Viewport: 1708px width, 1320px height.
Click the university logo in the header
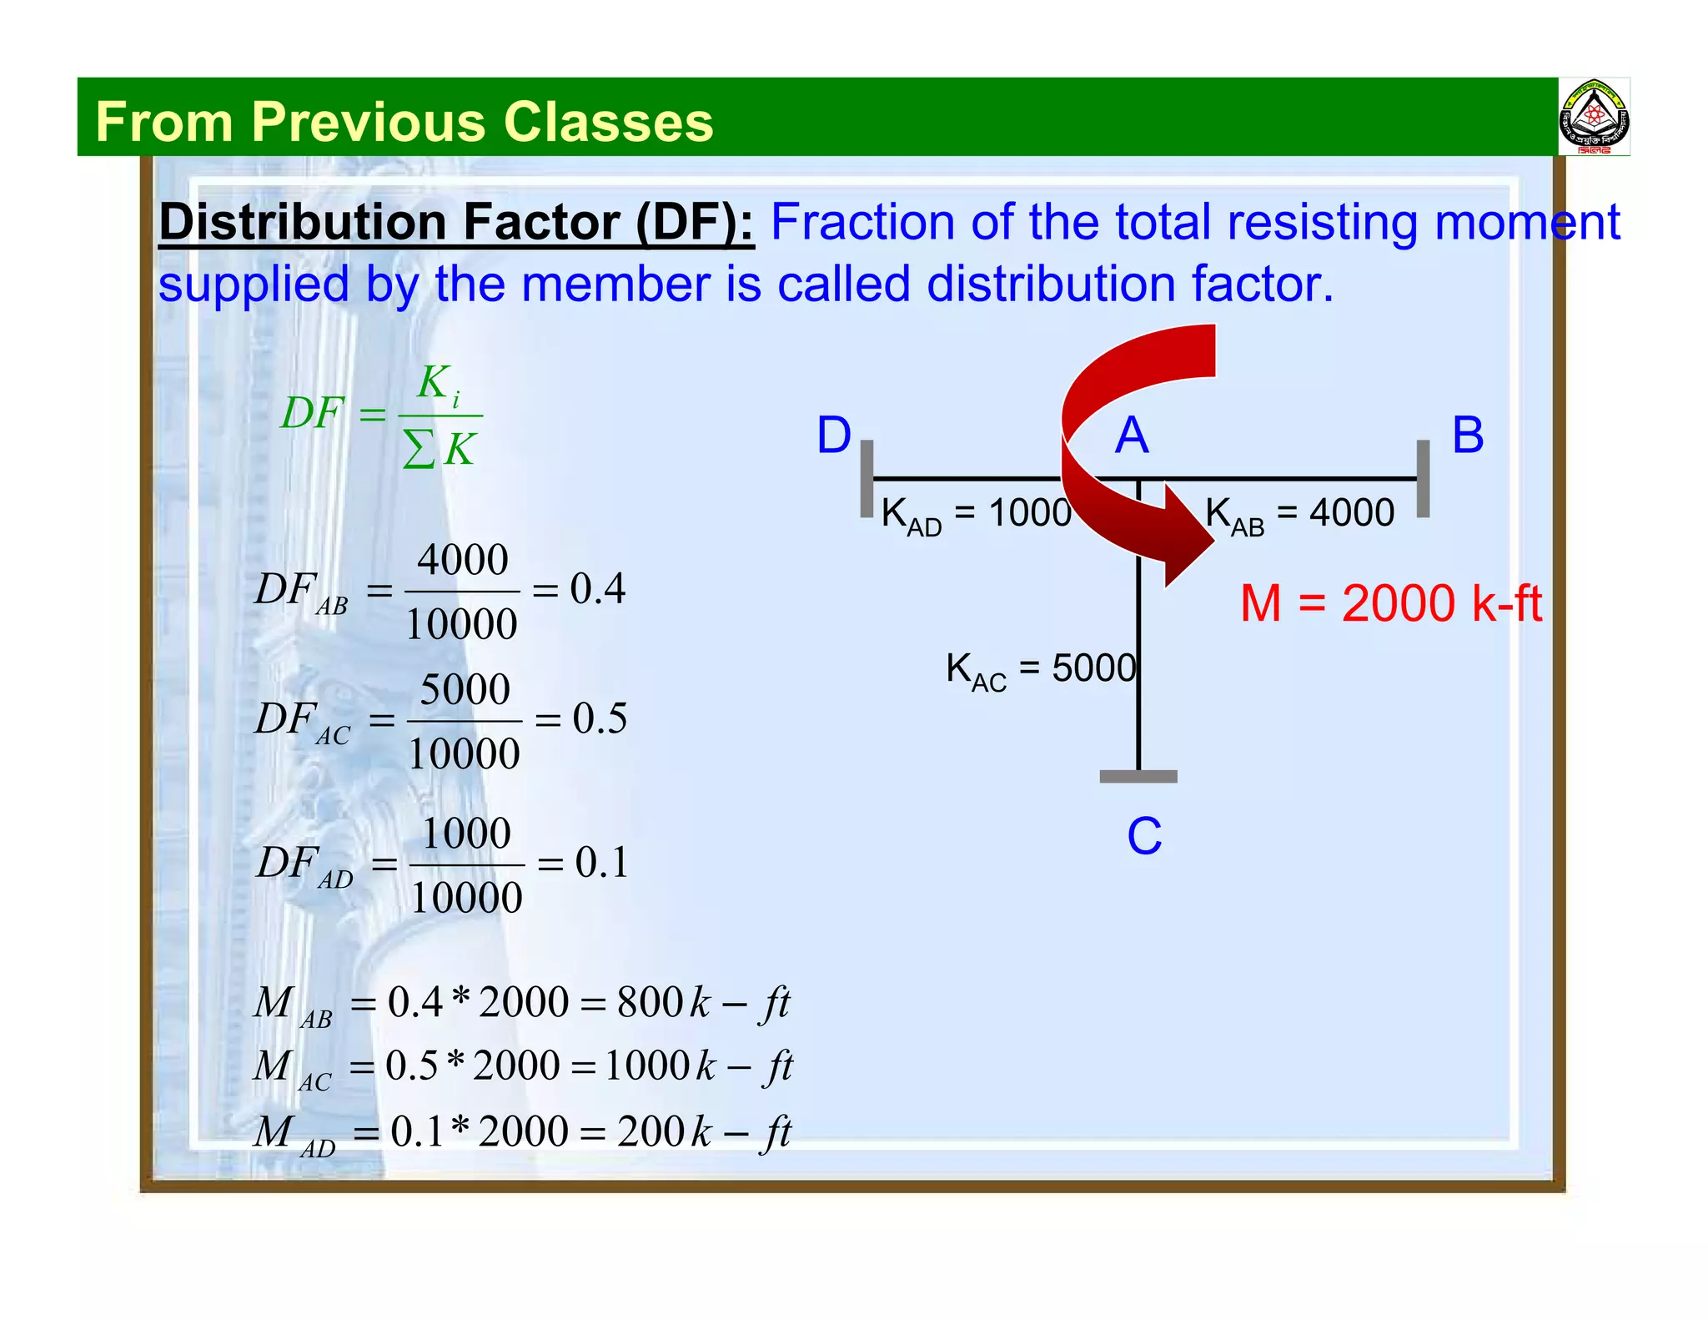pos(1594,118)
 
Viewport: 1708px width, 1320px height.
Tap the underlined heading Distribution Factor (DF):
pos(455,223)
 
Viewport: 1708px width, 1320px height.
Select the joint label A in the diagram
pos(1132,436)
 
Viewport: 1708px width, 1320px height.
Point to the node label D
pos(833,436)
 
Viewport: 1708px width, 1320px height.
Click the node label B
pos(1468,436)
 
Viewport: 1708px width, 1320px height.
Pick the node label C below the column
pos(1144,836)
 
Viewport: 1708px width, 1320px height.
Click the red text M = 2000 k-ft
pos(1390,603)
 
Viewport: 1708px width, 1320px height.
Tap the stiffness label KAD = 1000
pos(976,514)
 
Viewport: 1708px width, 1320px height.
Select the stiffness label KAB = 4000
pos(1299,514)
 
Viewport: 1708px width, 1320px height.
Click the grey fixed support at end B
pos(1423,479)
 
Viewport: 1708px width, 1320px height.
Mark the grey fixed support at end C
pos(1138,776)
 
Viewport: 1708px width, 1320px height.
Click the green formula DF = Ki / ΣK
pos(381,415)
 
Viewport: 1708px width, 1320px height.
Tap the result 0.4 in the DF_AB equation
pos(597,589)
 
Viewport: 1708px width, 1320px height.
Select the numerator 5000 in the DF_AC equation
pos(465,690)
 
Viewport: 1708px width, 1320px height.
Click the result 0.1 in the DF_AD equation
pos(601,863)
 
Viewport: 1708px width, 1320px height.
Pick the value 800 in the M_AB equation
pos(650,1002)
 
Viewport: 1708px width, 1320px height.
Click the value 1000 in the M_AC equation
pos(646,1066)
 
